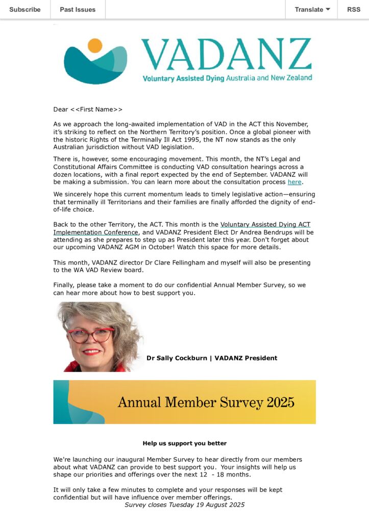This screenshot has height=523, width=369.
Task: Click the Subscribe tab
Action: point(25,9)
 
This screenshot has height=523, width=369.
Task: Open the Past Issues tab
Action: point(78,9)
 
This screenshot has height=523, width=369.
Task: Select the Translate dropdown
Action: point(312,9)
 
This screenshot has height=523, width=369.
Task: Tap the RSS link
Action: point(353,9)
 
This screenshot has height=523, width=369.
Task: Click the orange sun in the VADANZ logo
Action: point(95,45)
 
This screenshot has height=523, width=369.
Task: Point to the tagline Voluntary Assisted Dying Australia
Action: point(227,78)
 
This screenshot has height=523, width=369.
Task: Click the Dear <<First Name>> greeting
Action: point(88,109)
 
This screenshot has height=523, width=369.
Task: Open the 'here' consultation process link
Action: point(294,182)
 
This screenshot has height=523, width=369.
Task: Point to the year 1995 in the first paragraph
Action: point(184,140)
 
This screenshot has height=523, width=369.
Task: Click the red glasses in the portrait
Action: point(90,335)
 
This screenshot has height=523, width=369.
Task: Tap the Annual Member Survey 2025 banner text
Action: point(206,402)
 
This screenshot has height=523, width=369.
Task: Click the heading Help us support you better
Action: point(184,443)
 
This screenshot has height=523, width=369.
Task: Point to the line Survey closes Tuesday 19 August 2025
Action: point(184,505)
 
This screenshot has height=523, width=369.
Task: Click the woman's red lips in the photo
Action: point(91,352)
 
